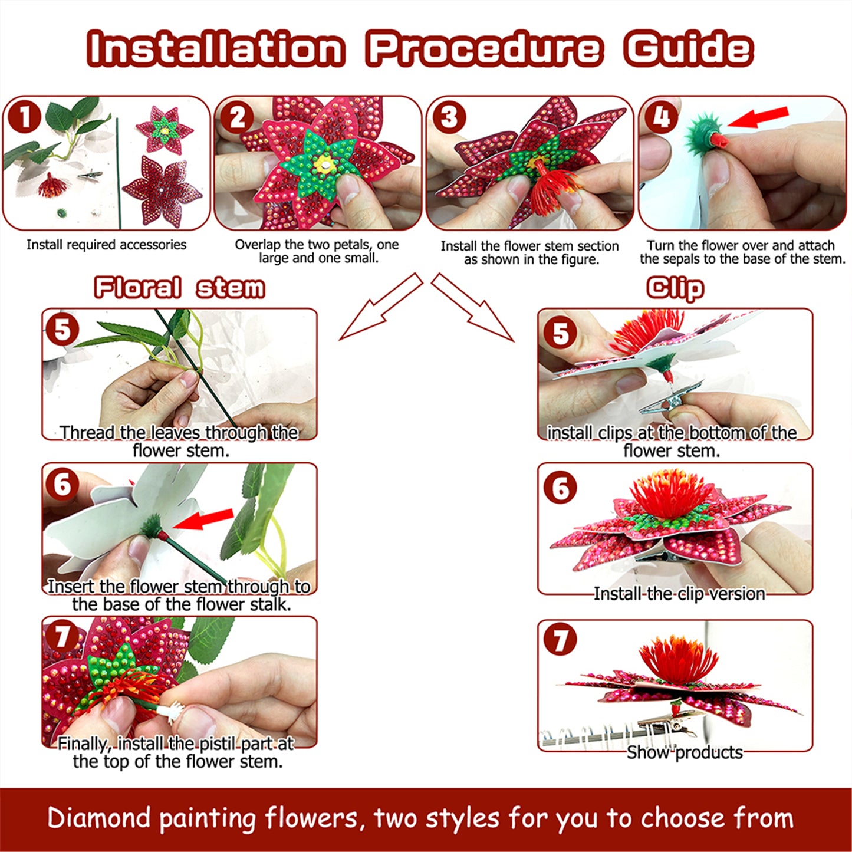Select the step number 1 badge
point(24,117)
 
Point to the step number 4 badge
point(661,117)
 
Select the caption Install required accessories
point(106,245)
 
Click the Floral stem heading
point(179,288)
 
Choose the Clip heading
point(675,288)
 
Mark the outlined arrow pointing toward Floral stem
point(380,308)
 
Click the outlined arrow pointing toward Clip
point(473,308)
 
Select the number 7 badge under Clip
point(560,640)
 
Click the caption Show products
point(684,752)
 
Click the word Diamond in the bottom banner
point(100,818)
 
